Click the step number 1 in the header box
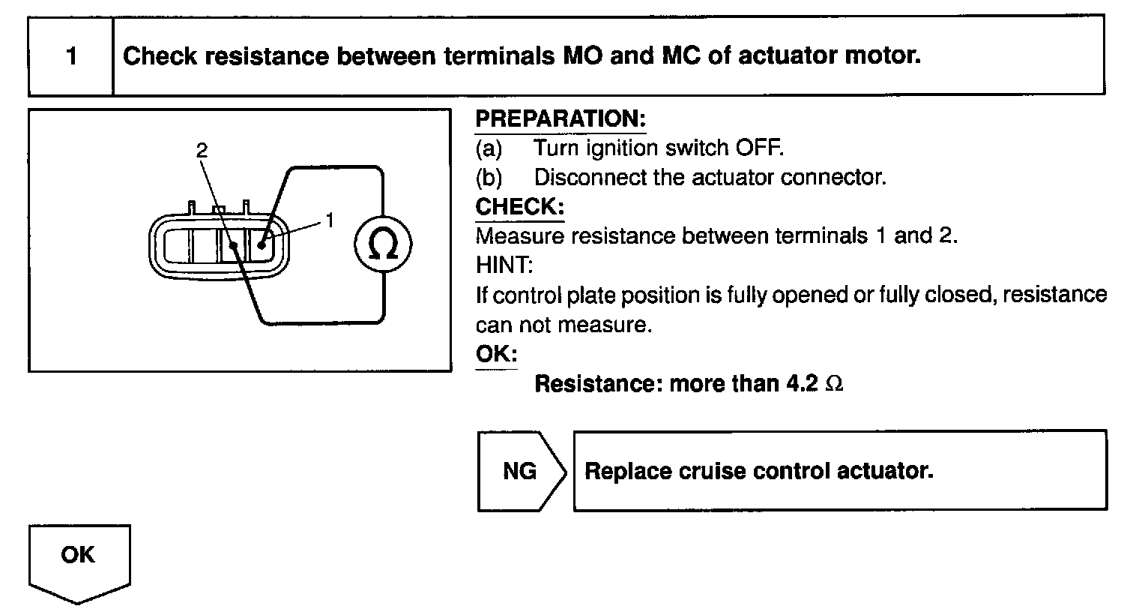coord(71,56)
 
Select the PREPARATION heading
coord(561,119)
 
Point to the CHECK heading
coord(519,207)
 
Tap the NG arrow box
coord(521,471)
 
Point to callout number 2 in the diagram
coord(201,150)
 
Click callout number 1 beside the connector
coord(330,220)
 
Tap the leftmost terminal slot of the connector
coord(178,245)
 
